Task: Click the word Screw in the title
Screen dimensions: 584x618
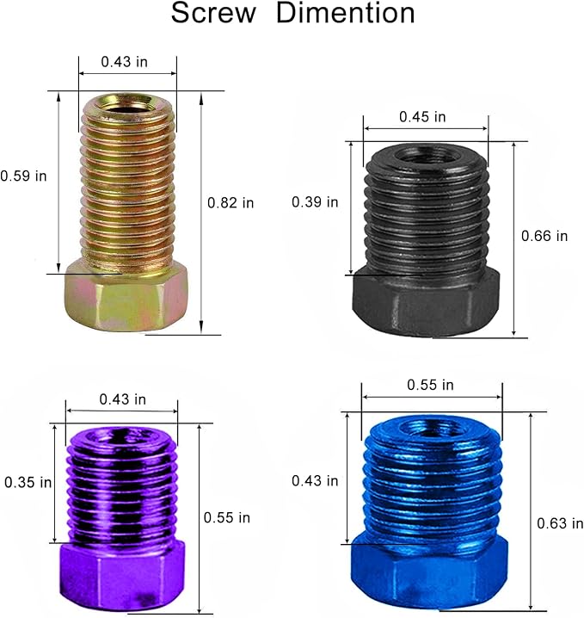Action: [x=213, y=13]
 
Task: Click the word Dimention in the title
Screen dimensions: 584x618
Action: [x=346, y=13]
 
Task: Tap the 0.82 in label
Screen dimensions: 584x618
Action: [x=231, y=203]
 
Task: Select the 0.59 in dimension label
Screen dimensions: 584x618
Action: [x=23, y=176]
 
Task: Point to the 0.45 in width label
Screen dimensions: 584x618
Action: [x=422, y=117]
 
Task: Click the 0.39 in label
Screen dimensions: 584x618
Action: [x=315, y=202]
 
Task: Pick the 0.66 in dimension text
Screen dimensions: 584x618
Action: [x=544, y=236]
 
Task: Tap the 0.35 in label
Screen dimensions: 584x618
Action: [x=28, y=482]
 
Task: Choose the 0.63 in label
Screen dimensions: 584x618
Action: [x=560, y=523]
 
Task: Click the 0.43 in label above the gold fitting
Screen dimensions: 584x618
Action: [x=124, y=62]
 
